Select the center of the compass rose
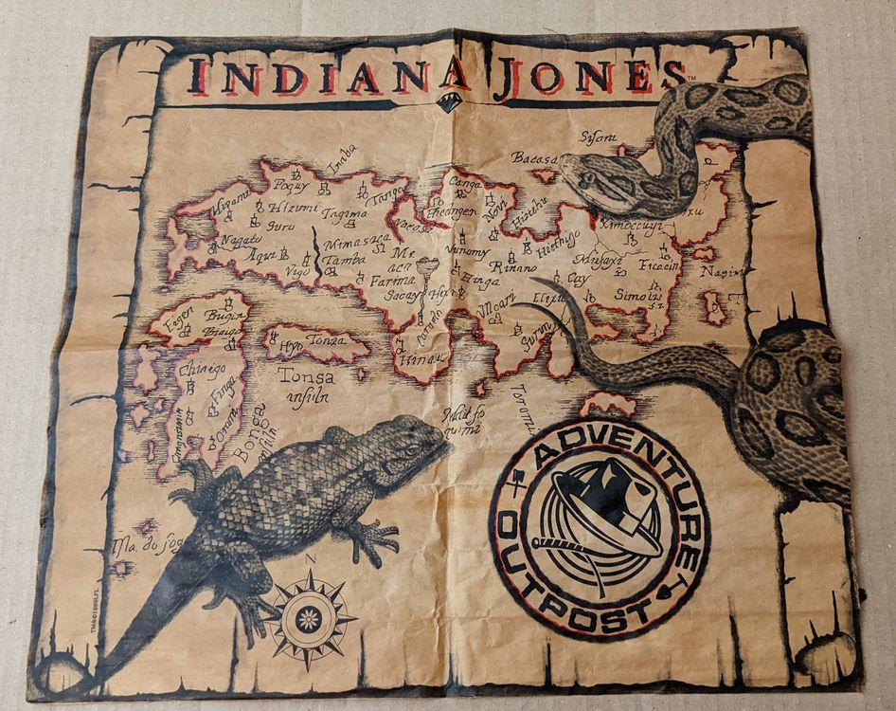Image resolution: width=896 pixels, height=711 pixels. (308, 620)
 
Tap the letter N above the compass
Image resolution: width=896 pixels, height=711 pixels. (310, 558)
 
